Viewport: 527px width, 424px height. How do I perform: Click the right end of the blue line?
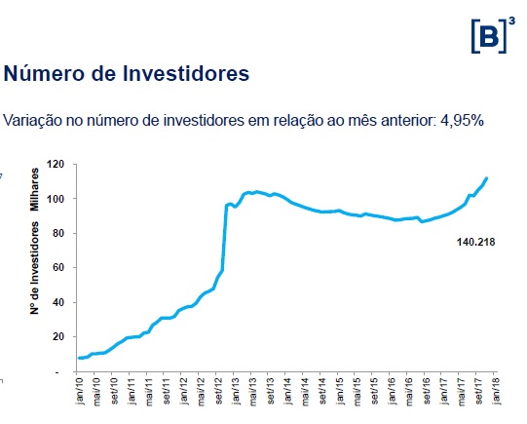[486, 178]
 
